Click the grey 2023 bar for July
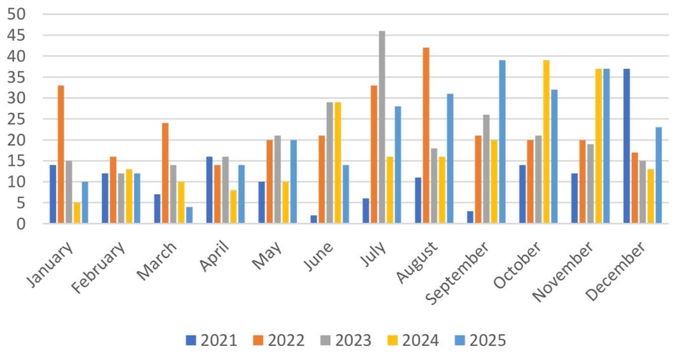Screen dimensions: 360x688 [x=382, y=127]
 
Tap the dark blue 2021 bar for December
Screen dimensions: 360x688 [x=627, y=146]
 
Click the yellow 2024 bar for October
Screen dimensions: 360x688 [x=547, y=142]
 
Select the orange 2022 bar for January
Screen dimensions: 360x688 [x=61, y=154]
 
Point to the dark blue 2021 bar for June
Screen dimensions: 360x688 [x=314, y=219]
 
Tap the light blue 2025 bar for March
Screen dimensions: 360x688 [x=189, y=215]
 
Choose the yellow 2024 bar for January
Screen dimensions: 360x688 [x=77, y=213]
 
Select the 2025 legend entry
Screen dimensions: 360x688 [x=480, y=340]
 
